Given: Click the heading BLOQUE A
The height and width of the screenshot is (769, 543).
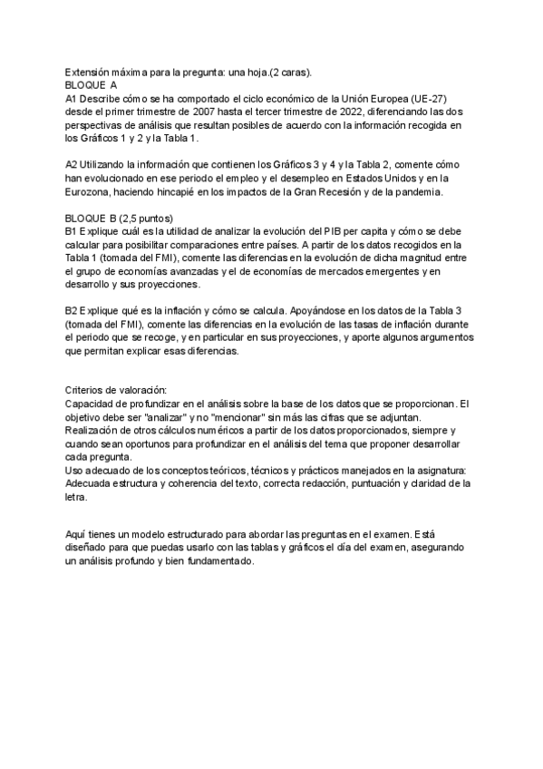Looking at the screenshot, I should (x=92, y=83).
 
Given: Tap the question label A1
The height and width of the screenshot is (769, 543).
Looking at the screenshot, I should (x=72, y=97).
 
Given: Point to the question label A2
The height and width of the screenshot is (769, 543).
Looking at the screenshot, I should (x=72, y=164).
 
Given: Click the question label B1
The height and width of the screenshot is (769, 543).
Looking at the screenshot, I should (x=72, y=232).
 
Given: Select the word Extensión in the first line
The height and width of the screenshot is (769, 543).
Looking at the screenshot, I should (x=91, y=70).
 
